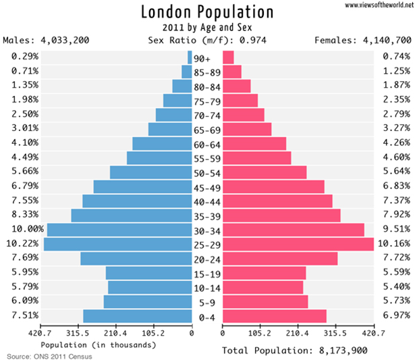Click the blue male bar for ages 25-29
pyautogui.click(x=118, y=244)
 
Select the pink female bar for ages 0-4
pyautogui.click(x=274, y=316)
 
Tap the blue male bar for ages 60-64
pyautogui.click(x=162, y=143)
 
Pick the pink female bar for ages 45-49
pyautogui.click(x=273, y=186)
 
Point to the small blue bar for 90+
pyautogui.click(x=190, y=57)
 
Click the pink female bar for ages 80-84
pyautogui.click(x=236, y=86)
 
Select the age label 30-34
pyautogui.click(x=207, y=231)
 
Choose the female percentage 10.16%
pyautogui.click(x=394, y=243)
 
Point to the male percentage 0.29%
pyautogui.click(x=24, y=56)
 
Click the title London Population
pyautogui.click(x=207, y=12)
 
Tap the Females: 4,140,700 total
pyautogui.click(x=363, y=41)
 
